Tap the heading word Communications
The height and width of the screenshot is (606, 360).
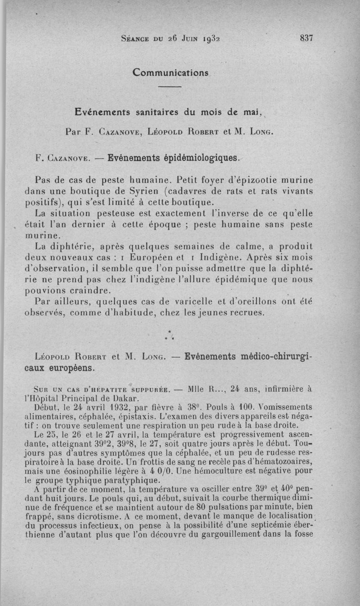click(171, 72)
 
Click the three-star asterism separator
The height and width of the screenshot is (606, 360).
click(170, 334)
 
